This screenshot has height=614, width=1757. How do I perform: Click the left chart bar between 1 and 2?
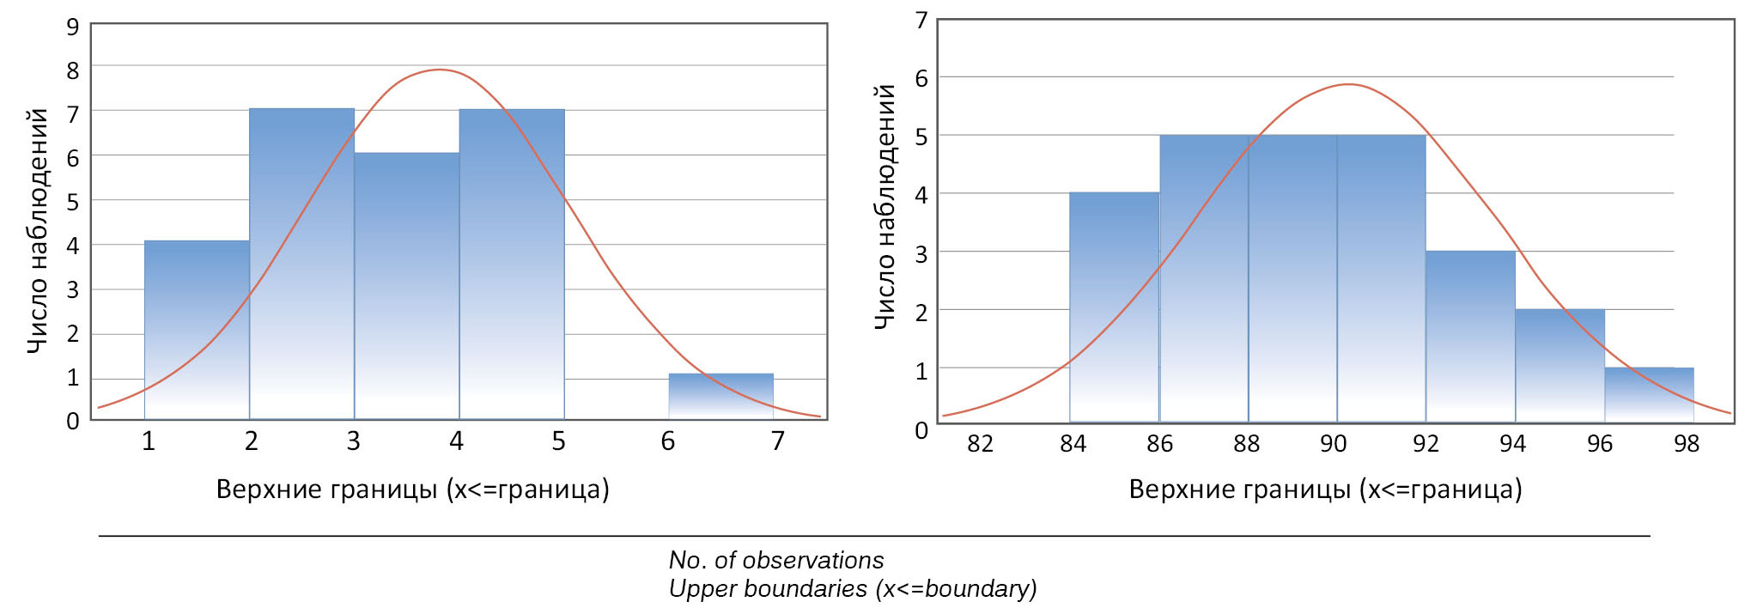click(x=197, y=330)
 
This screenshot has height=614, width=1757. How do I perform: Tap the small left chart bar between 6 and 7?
click(x=720, y=396)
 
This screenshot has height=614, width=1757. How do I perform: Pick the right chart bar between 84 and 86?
click(x=1114, y=307)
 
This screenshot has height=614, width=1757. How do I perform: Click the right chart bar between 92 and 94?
click(x=1470, y=337)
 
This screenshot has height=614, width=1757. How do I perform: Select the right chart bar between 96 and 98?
click(x=1649, y=395)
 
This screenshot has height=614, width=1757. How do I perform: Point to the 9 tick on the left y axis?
click(x=73, y=27)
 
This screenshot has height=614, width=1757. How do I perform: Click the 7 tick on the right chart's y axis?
click(x=921, y=20)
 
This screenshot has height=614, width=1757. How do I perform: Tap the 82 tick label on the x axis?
click(x=980, y=444)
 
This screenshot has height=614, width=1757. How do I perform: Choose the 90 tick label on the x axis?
click(x=1333, y=444)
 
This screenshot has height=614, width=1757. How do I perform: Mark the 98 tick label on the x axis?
click(x=1687, y=444)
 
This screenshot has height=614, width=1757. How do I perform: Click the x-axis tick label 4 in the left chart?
click(x=456, y=441)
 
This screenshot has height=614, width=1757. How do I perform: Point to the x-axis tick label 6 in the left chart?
click(x=668, y=441)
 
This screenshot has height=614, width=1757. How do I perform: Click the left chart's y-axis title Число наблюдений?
click(x=38, y=231)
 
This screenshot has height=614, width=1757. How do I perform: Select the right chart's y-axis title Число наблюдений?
click(x=885, y=206)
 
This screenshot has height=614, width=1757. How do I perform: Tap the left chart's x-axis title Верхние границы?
click(x=412, y=489)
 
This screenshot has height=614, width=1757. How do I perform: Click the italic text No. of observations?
click(x=776, y=561)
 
